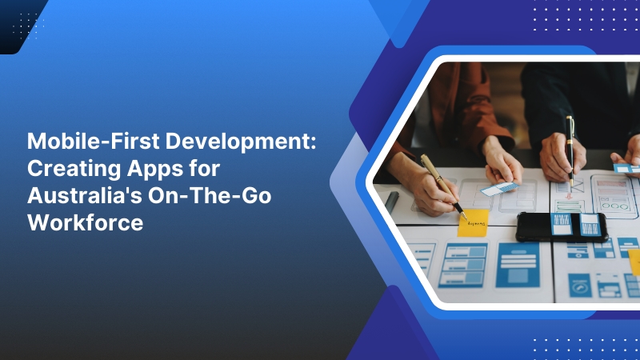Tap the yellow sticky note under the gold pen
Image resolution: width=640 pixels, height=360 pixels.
472,223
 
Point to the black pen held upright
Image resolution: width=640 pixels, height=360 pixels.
570,148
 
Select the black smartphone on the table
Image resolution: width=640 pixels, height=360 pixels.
560,226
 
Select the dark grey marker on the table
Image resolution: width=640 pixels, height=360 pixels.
391,202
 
